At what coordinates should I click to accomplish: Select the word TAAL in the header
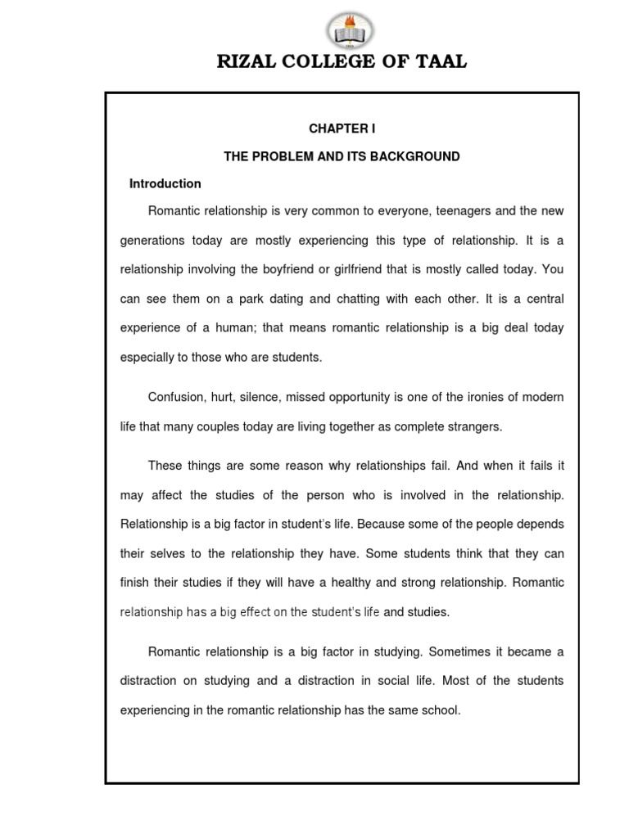(440, 62)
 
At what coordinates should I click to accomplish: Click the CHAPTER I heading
(342, 128)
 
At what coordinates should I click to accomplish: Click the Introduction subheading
(165, 183)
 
